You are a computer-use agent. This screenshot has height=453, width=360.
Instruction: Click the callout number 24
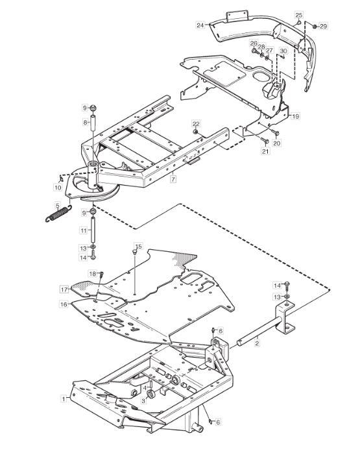coord(200,25)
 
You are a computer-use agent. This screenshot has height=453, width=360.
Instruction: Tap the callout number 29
coord(324,27)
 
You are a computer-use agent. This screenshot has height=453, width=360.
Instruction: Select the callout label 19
coord(295,116)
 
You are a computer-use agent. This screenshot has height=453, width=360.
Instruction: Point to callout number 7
coord(173,179)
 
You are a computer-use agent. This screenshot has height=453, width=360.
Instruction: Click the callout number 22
coord(196,124)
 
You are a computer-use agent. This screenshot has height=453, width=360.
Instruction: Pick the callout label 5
coord(58,206)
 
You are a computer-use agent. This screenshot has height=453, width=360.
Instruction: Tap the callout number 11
coord(84,230)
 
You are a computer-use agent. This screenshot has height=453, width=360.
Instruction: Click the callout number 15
coord(139,247)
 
